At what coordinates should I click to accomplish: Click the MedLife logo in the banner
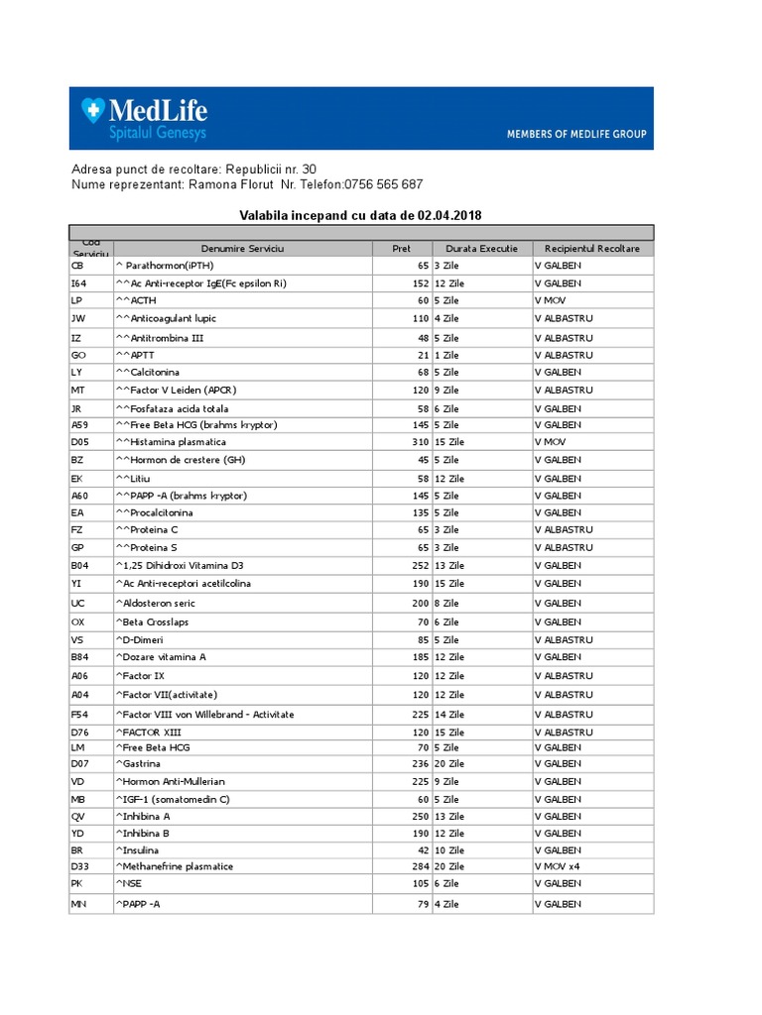click(x=145, y=118)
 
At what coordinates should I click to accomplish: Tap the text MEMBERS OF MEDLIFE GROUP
click(x=575, y=134)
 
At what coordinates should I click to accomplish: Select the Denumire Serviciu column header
click(x=242, y=249)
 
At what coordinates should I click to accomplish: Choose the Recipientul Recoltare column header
click(x=592, y=249)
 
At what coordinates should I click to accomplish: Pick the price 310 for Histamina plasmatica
click(x=419, y=442)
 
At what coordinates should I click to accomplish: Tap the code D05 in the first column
click(x=79, y=442)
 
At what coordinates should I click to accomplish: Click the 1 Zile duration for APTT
click(x=446, y=354)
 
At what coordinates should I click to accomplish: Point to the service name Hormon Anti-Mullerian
click(x=171, y=782)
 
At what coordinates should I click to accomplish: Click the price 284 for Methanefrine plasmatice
click(x=419, y=866)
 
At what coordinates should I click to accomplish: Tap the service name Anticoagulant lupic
click(x=166, y=319)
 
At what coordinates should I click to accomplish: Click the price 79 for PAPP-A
click(x=422, y=904)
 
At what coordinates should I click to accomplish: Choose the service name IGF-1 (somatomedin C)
click(x=173, y=800)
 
